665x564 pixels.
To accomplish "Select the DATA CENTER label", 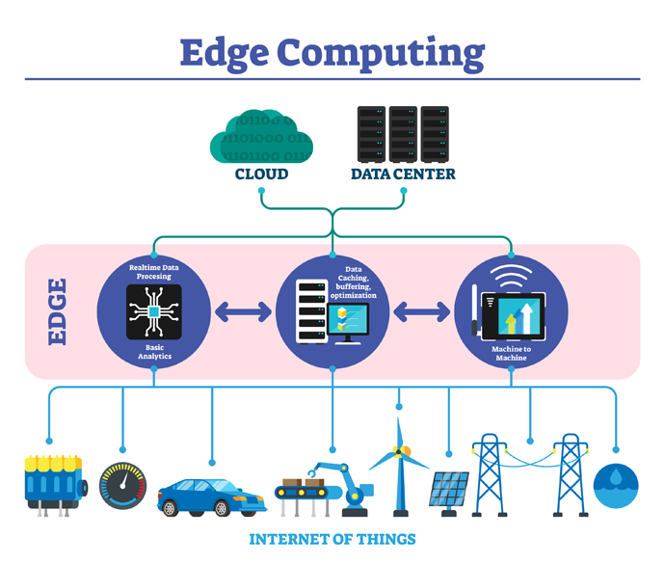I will [403, 175].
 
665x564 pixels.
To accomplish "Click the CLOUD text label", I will [261, 175].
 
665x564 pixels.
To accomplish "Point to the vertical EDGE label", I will [57, 311].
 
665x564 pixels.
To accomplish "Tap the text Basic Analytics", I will [154, 351].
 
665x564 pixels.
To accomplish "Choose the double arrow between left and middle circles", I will [243, 311].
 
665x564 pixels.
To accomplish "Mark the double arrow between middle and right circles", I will [421, 311].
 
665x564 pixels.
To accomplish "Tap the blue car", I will [211, 497].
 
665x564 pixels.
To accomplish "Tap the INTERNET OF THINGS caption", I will [332, 539].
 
